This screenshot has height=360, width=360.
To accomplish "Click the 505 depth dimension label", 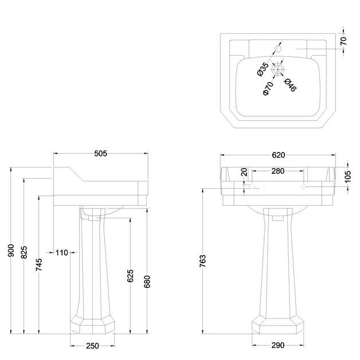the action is pyautogui.click(x=100, y=154).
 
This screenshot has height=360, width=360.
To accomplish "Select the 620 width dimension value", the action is pyautogui.click(x=278, y=155).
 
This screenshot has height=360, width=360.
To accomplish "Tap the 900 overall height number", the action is pyautogui.click(x=11, y=251).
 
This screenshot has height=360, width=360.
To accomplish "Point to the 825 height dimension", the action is pyautogui.click(x=24, y=252).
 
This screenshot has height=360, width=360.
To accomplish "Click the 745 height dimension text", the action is pyautogui.click(x=39, y=264).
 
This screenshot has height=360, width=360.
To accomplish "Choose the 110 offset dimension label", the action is pyautogui.click(x=62, y=253).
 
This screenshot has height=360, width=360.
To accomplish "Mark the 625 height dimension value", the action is pyautogui.click(x=130, y=276).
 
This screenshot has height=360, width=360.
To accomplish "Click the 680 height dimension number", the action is pyautogui.click(x=147, y=281).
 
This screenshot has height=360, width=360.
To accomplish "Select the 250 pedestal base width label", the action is pyautogui.click(x=92, y=346).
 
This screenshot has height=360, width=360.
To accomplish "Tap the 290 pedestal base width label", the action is pyautogui.click(x=278, y=345).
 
